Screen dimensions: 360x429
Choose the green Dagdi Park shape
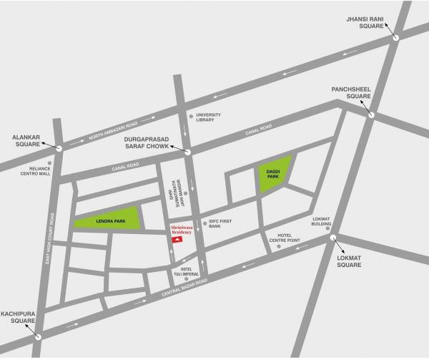click(x=274, y=173)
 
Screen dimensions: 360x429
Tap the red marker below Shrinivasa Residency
click(x=178, y=242)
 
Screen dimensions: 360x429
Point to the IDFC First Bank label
click(x=222, y=225)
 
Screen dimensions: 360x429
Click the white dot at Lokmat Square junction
click(x=332, y=239)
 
